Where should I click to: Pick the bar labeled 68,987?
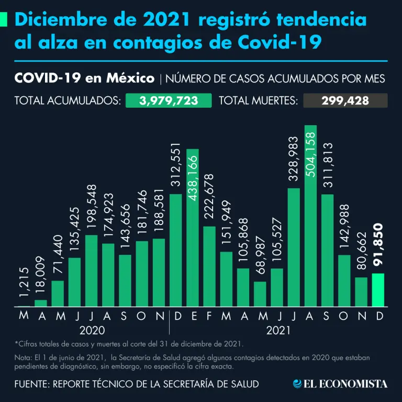pos(260,294)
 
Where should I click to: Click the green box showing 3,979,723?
pos(169,100)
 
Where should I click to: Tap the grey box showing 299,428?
pos(345,100)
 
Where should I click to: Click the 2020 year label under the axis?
pos(92,331)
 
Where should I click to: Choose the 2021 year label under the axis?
pos(278,331)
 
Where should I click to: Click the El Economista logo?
pos(340,384)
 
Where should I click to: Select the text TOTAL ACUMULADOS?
pos(67,100)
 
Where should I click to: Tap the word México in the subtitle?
pos(133,79)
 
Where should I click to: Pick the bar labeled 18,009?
pos(41,303)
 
